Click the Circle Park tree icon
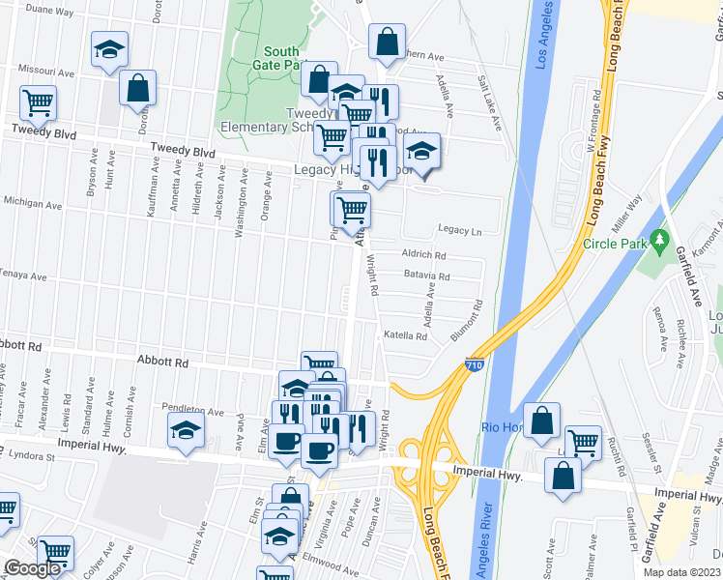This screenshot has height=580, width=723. [x=660, y=238]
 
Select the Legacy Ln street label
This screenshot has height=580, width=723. [x=459, y=231]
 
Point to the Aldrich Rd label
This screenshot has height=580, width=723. [x=423, y=255]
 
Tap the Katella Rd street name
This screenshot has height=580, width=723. [x=405, y=336]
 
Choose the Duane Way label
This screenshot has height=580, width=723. [x=51, y=12]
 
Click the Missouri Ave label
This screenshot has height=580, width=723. [x=47, y=72]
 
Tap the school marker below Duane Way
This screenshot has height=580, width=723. [x=109, y=49]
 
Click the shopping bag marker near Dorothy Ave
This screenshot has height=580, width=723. [x=138, y=88]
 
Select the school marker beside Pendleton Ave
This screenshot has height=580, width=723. [x=186, y=432]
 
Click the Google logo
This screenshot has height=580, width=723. [x=32, y=568]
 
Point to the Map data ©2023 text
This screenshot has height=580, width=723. [x=682, y=572]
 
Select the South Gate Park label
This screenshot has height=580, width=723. [x=280, y=58]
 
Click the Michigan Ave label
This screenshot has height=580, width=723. [x=26, y=202]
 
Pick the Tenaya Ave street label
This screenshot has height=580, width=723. [x=23, y=276]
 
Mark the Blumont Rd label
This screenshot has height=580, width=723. [x=467, y=322]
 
